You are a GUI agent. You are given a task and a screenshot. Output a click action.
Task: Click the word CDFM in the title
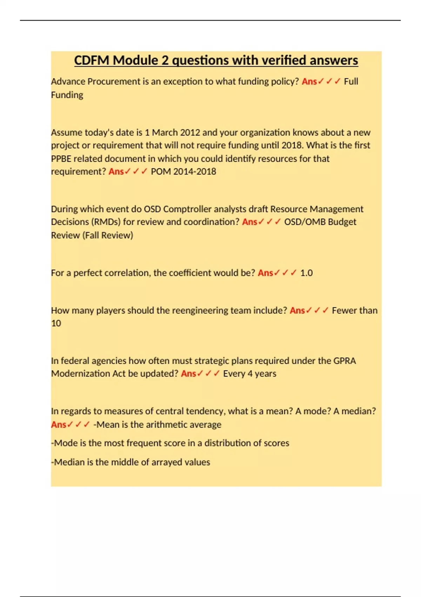click(92, 60)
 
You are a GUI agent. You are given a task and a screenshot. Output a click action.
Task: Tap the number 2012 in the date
click(190, 132)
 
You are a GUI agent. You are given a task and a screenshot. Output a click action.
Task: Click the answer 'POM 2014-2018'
click(183, 171)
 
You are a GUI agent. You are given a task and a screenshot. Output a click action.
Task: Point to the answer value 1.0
click(306, 273)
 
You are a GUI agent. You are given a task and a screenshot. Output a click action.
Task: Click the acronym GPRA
click(345, 361)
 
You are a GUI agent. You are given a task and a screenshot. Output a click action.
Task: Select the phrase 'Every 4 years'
click(249, 374)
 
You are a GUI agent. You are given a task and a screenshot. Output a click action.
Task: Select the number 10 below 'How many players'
click(56, 323)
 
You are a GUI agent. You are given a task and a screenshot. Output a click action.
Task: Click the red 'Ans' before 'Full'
click(309, 81)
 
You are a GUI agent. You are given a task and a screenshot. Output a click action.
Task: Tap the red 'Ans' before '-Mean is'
click(59, 425)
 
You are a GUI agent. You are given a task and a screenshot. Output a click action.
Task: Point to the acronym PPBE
click(61, 159)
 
